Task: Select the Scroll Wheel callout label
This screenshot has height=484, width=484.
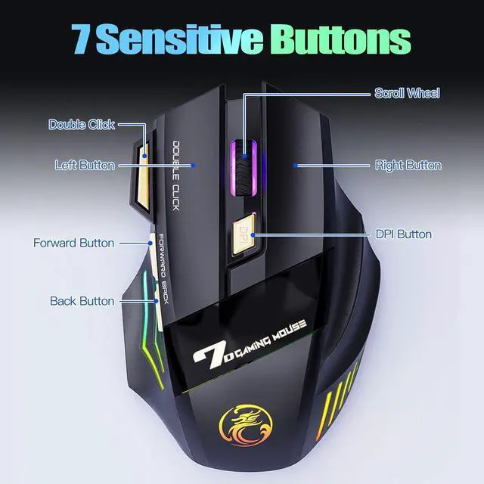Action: [x=407, y=93]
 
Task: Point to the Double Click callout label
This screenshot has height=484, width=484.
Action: [x=82, y=124]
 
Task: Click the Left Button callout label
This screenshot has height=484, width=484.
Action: [x=85, y=165]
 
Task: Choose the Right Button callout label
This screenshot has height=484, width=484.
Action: [x=408, y=165]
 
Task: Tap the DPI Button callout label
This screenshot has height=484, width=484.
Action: [x=404, y=234]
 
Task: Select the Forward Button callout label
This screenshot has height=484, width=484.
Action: [x=73, y=243]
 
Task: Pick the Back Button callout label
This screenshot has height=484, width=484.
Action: [x=82, y=301]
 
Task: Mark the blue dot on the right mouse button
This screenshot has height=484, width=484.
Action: [x=296, y=165]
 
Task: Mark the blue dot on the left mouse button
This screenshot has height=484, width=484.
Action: [x=194, y=165]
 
